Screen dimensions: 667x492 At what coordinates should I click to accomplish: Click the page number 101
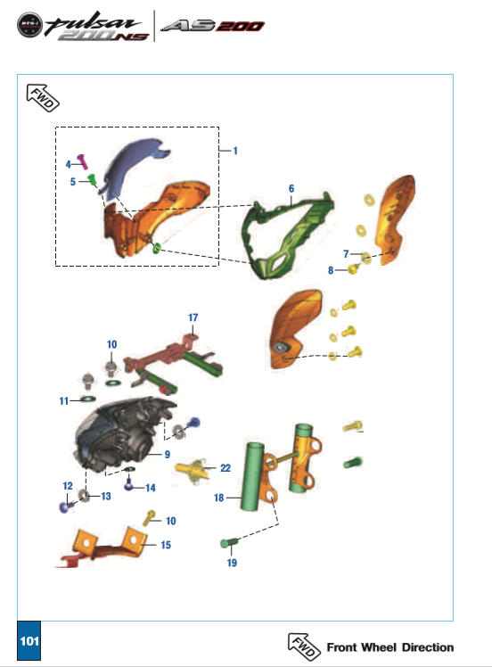pos(29,641)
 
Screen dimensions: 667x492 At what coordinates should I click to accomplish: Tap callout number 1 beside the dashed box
pos(235,151)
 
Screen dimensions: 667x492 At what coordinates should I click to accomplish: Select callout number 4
pos(68,164)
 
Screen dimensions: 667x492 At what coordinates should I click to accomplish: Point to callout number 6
pos(291,189)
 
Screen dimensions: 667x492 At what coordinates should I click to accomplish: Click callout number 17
pos(193,317)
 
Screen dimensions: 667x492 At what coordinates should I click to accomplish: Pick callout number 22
pos(225,468)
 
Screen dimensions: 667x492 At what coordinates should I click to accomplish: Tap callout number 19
pos(232,563)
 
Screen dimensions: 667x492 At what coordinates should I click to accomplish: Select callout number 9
pos(167,455)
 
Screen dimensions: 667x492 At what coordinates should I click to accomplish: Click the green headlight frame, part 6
pos(286,235)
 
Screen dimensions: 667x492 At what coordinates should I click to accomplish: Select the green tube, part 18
pos(252,478)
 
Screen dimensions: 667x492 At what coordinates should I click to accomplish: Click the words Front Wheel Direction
pos(389,646)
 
